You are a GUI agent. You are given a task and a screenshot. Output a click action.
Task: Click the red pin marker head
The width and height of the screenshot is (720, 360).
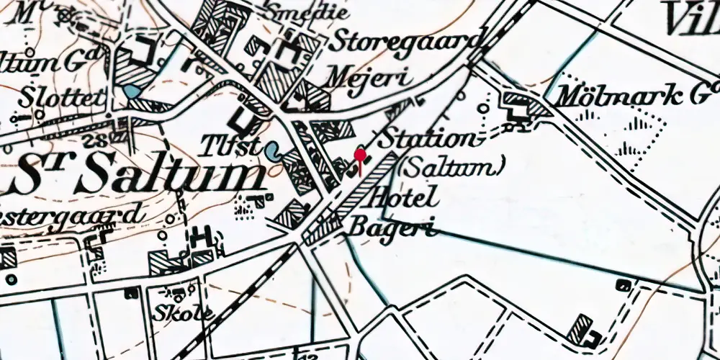tap(359, 153)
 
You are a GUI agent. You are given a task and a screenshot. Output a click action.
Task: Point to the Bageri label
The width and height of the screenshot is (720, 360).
tap(393, 228)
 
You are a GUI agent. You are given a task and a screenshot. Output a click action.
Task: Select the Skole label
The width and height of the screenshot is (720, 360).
tap(184, 314)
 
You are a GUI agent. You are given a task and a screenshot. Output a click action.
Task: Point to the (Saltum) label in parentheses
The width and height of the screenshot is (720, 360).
tap(449, 168)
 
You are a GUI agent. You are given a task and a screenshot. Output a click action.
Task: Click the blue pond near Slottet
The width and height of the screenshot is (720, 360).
tap(131, 92)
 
